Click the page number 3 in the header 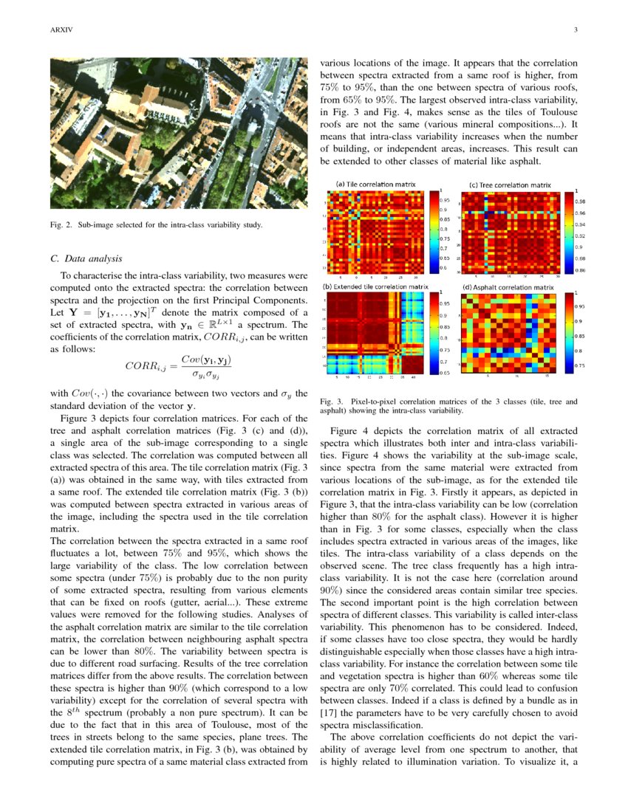point(575,30)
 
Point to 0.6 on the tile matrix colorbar point(445,267)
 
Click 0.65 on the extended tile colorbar point(446,374)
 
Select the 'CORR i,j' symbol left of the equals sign point(146,367)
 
